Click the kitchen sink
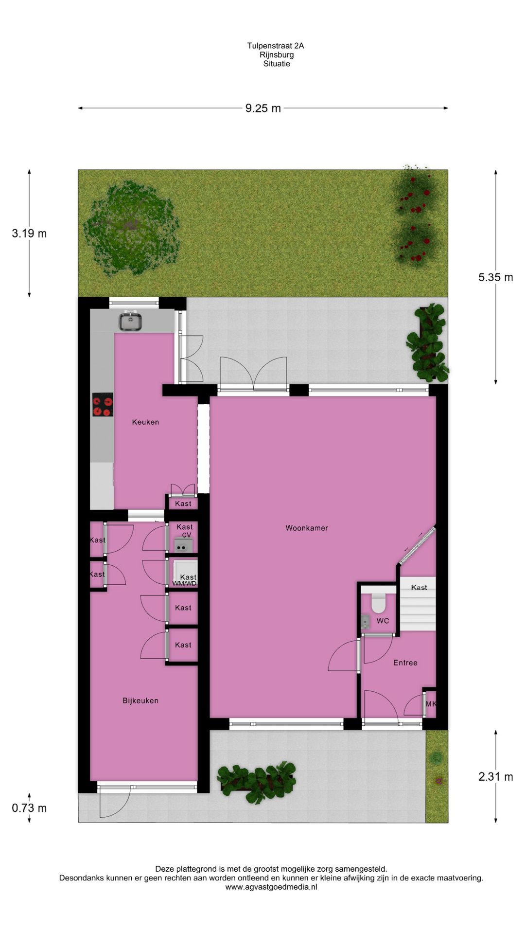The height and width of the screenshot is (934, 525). [130, 322]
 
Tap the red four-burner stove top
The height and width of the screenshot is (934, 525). [103, 404]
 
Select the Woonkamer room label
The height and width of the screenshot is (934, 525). [307, 528]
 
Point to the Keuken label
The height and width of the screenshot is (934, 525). [145, 422]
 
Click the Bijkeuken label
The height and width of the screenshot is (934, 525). [140, 700]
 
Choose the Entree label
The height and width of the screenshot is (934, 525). [405, 663]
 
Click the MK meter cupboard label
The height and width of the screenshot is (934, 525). [431, 704]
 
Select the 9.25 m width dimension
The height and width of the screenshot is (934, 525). [263, 108]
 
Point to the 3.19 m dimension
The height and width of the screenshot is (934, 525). [29, 233]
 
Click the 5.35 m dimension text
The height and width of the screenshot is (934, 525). [495, 277]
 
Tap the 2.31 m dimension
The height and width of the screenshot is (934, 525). [495, 776]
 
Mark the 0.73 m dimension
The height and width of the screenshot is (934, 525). [29, 808]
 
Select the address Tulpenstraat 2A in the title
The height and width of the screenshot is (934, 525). [276, 46]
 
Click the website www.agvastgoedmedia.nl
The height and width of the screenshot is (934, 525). [271, 887]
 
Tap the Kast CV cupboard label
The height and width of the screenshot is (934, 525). [185, 531]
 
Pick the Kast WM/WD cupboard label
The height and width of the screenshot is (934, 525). [185, 580]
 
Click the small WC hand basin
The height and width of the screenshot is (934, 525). [365, 622]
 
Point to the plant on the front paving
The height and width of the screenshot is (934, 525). [256, 781]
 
